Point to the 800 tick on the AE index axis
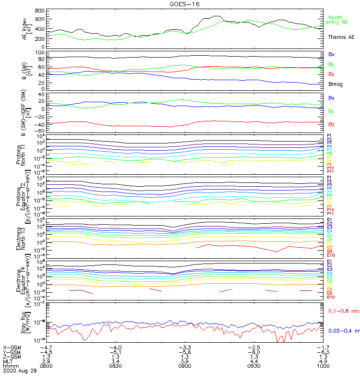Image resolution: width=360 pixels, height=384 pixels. pyautogui.click(x=40, y=11)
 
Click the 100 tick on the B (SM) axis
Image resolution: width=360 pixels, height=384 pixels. pyautogui.click(x=40, y=52)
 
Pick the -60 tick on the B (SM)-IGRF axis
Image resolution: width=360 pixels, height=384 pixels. pyautogui.click(x=39, y=131)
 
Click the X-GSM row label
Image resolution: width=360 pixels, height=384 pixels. pyautogui.click(x=12, y=347)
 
